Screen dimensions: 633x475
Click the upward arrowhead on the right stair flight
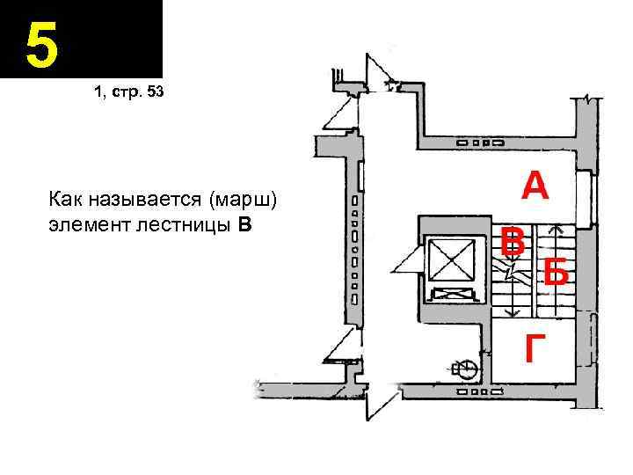[554, 231]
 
